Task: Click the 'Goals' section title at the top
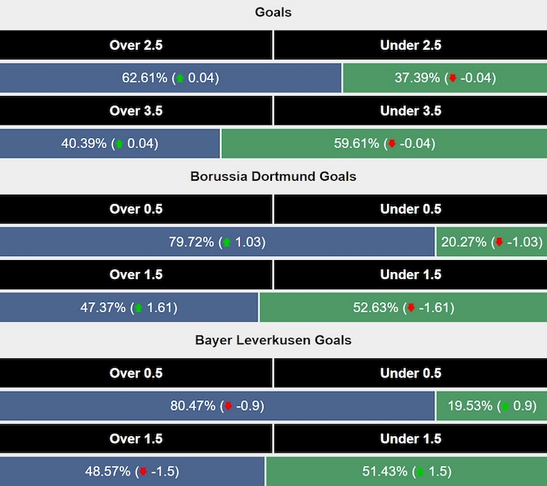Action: (x=273, y=12)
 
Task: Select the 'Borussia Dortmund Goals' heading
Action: (x=273, y=176)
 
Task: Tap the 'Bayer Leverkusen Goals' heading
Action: (x=273, y=340)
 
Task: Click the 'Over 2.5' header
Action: (x=136, y=45)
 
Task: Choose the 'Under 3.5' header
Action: (x=411, y=111)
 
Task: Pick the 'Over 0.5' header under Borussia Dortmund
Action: (x=136, y=209)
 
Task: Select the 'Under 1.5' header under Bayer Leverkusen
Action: (x=411, y=438)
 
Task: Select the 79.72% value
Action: (x=191, y=242)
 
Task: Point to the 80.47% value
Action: (x=193, y=406)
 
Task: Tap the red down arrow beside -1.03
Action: (x=499, y=243)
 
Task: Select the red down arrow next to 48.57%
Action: (x=143, y=472)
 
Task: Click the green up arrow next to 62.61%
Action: (x=181, y=78)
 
